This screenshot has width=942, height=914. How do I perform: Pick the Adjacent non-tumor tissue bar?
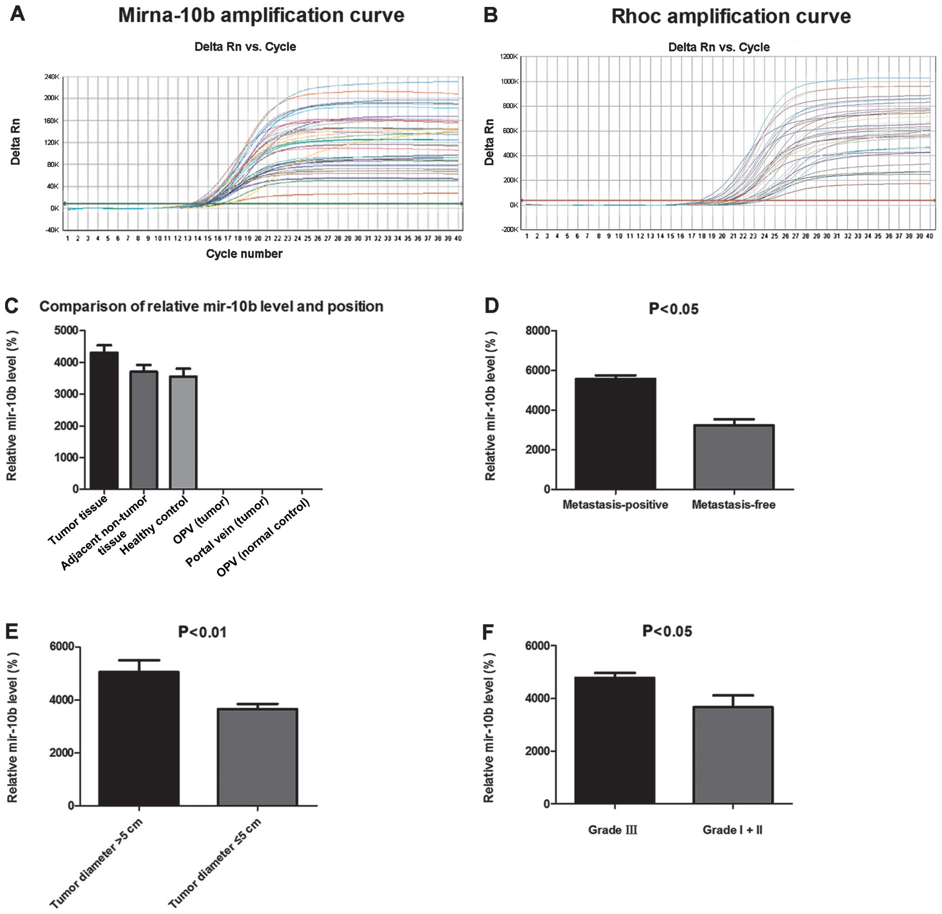[x=144, y=429]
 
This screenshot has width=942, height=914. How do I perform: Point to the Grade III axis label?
[x=612, y=830]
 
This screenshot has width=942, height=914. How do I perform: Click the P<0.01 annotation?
[x=202, y=632]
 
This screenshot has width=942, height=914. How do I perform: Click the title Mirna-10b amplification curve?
[x=261, y=15]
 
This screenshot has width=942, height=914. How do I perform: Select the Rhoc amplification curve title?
[x=731, y=16]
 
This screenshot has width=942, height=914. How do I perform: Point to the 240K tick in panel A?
[x=51, y=77]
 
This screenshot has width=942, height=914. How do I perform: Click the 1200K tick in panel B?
[x=508, y=57]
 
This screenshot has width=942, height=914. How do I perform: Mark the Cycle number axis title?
[x=244, y=254]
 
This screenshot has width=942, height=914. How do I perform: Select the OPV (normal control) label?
[x=263, y=537]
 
